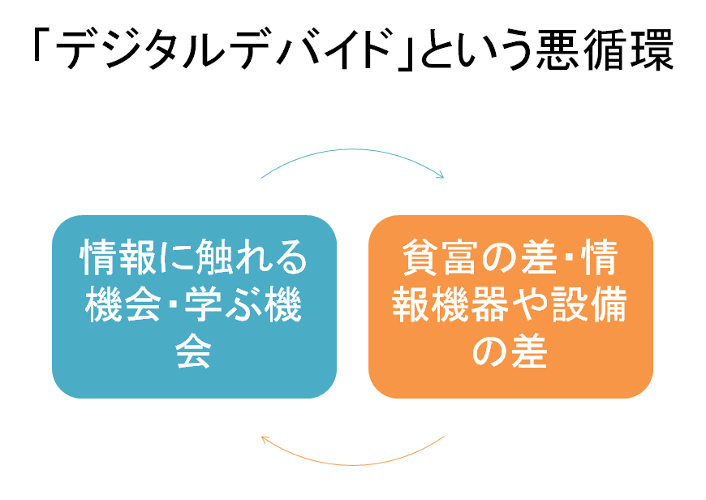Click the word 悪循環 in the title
(605, 50)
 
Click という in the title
(476, 50)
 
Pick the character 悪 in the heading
(558, 50)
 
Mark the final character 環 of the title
(652, 50)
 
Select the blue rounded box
(195, 307)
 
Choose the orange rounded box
(511, 307)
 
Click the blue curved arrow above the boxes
(352, 149)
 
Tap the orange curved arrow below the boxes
(352, 464)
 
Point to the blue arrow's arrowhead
(441, 175)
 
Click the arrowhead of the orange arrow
(265, 440)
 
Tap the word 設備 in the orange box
(589, 304)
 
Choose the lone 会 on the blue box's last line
(194, 351)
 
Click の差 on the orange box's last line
(510, 351)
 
